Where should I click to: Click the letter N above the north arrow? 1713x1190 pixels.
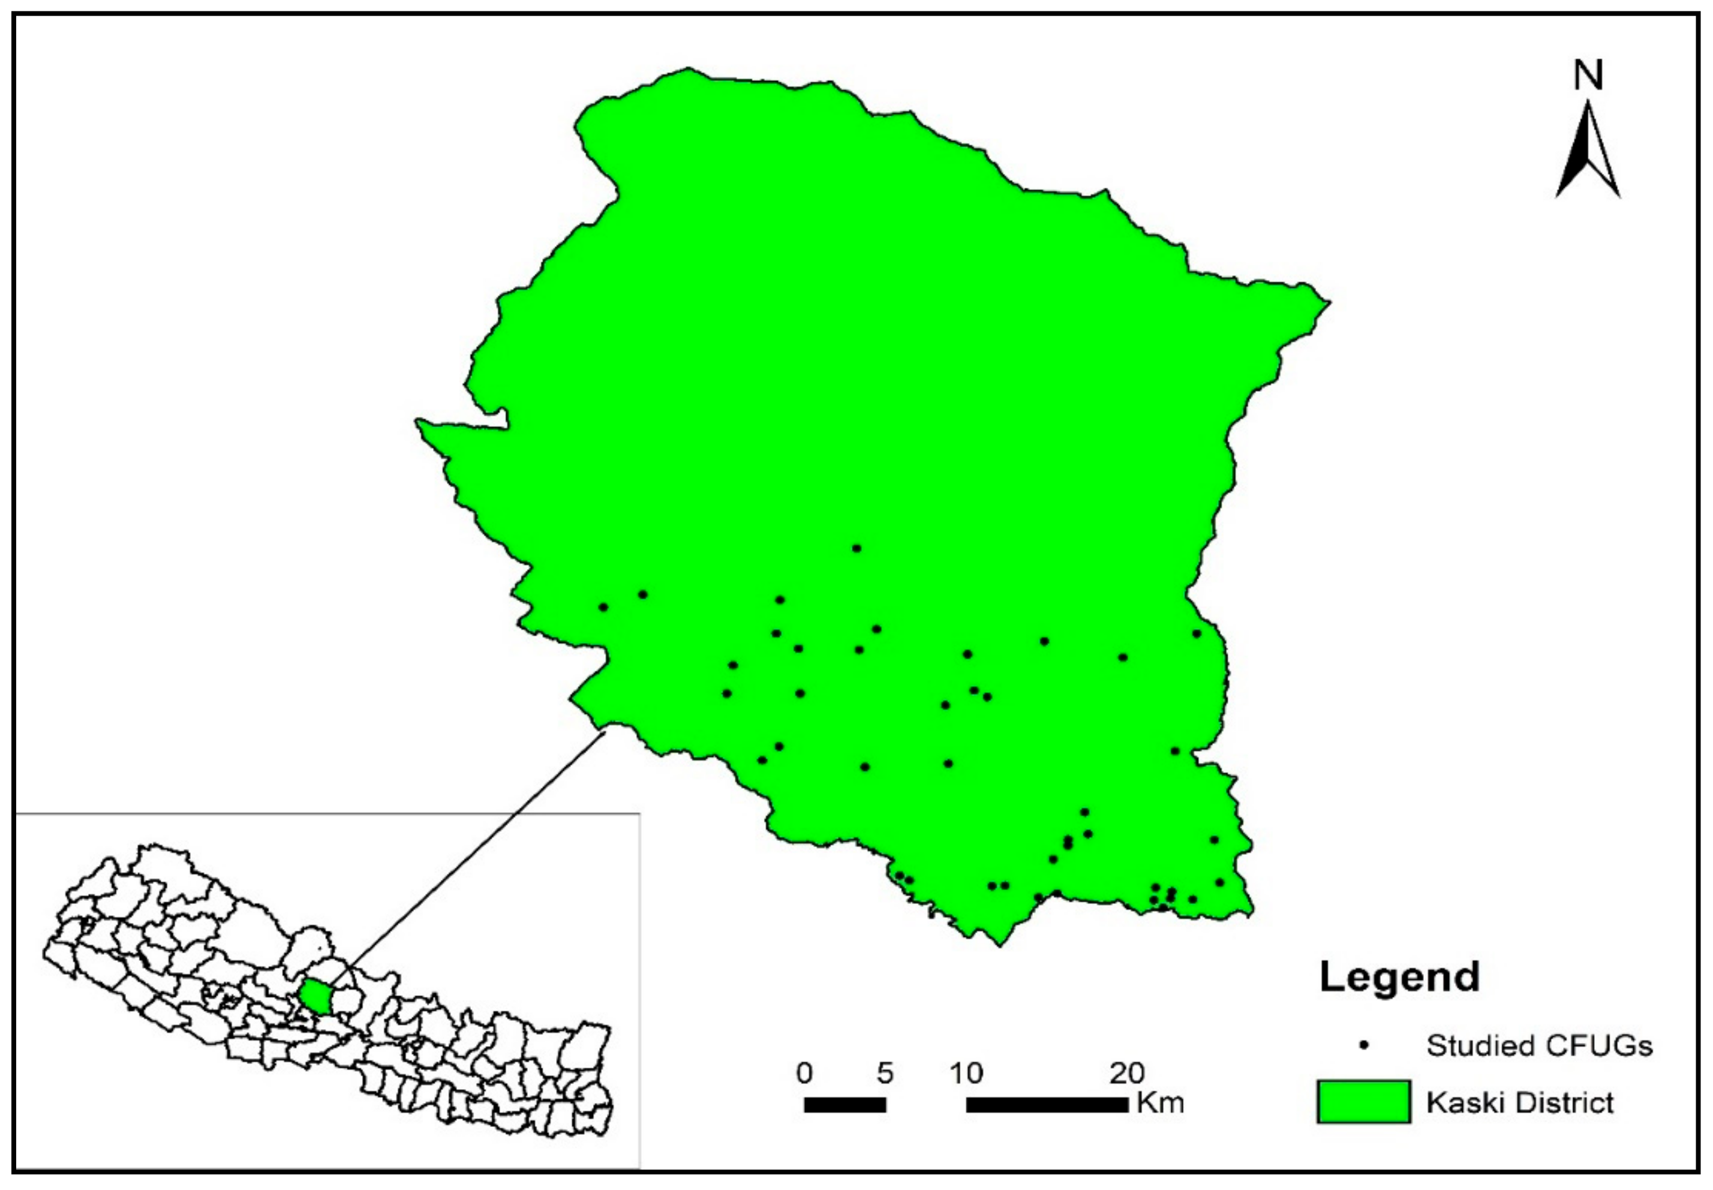[x=1588, y=76]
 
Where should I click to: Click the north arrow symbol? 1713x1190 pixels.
[x=1588, y=153]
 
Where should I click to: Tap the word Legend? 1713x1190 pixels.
[x=1399, y=978]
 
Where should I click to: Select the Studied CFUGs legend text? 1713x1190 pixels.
[x=1539, y=1046]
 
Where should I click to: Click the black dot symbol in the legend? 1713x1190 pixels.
[x=1364, y=1045]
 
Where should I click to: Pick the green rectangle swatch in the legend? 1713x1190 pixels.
[x=1363, y=1101]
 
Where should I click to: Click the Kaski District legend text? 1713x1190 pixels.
[x=1520, y=1102]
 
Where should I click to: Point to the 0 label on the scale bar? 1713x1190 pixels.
[x=804, y=1074]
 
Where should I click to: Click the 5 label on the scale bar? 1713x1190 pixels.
[x=885, y=1074]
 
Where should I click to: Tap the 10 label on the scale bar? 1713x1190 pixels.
[x=966, y=1074]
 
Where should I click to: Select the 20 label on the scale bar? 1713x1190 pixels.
[x=1127, y=1074]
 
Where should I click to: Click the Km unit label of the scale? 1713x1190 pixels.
[x=1161, y=1103]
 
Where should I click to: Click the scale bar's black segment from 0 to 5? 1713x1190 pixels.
[x=845, y=1105]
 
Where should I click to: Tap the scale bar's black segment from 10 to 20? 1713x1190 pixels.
[x=1047, y=1105]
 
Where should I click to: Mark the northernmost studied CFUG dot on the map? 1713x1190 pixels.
[x=856, y=549]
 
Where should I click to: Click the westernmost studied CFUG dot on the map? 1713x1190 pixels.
[x=603, y=608]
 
